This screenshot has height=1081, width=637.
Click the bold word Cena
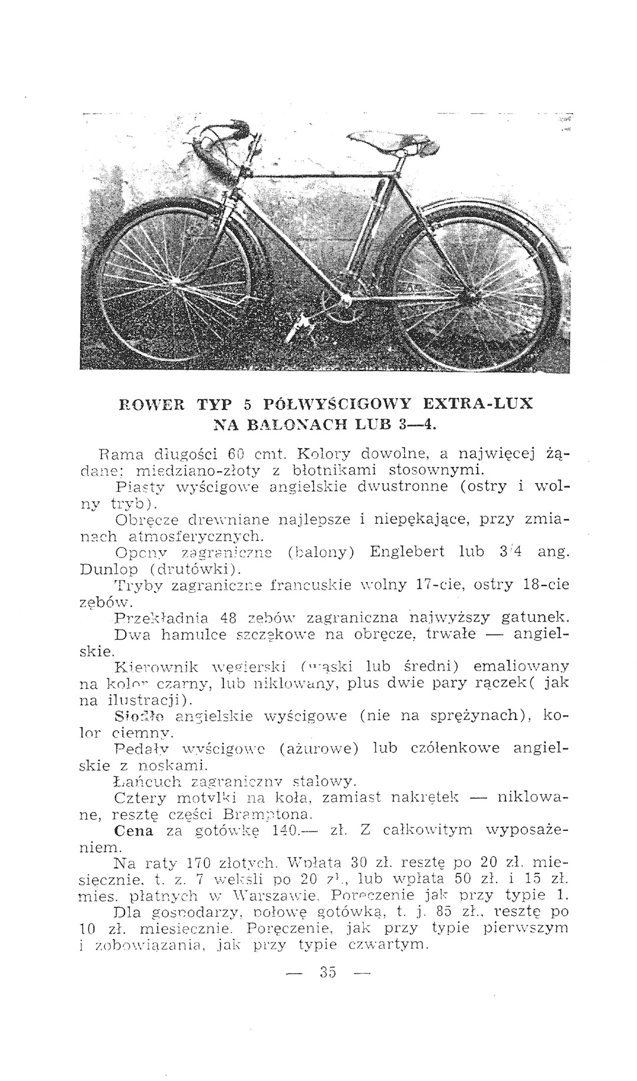133,830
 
